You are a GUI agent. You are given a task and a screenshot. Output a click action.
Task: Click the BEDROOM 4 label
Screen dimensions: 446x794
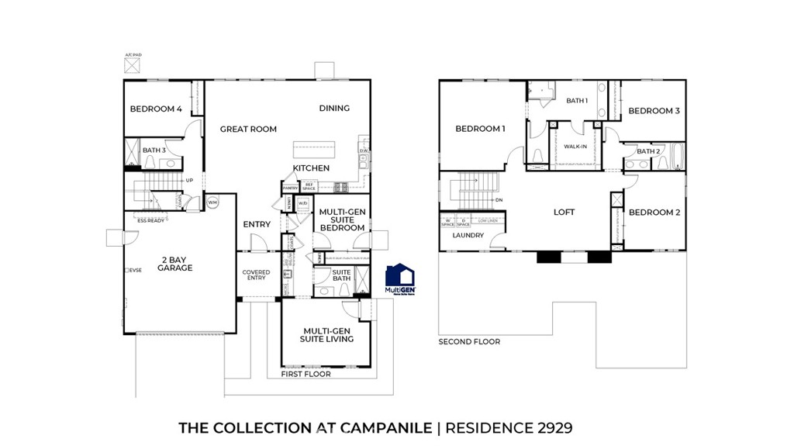coord(156,109)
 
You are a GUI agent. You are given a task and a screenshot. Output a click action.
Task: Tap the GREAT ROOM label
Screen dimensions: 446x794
coord(248,129)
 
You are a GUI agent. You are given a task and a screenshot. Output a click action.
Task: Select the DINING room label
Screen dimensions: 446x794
coord(334,109)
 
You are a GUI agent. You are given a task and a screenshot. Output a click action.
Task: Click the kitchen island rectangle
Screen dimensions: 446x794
coord(315,149)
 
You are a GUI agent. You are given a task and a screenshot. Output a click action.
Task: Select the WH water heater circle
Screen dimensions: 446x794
coord(212,202)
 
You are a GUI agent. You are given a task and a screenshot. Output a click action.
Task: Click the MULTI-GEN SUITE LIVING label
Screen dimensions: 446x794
coord(328,334)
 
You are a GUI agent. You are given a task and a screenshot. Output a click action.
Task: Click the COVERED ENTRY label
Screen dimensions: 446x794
coord(256,275)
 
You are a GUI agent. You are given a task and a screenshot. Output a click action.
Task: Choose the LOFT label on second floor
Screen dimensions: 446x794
coord(564,212)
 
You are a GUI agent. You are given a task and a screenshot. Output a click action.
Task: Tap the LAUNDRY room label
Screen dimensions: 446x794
coord(468,235)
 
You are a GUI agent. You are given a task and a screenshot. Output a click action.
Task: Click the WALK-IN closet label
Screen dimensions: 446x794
coord(575,146)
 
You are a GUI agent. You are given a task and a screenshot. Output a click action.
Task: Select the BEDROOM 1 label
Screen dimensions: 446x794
coord(480,129)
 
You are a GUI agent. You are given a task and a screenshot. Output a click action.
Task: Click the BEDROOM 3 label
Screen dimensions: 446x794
coord(654,111)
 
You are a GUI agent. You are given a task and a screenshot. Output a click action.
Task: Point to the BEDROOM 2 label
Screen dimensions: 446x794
coord(654,213)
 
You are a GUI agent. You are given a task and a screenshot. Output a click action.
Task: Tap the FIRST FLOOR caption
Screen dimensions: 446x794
coord(306,374)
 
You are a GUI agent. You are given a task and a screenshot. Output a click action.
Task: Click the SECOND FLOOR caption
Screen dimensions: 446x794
coord(469,341)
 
